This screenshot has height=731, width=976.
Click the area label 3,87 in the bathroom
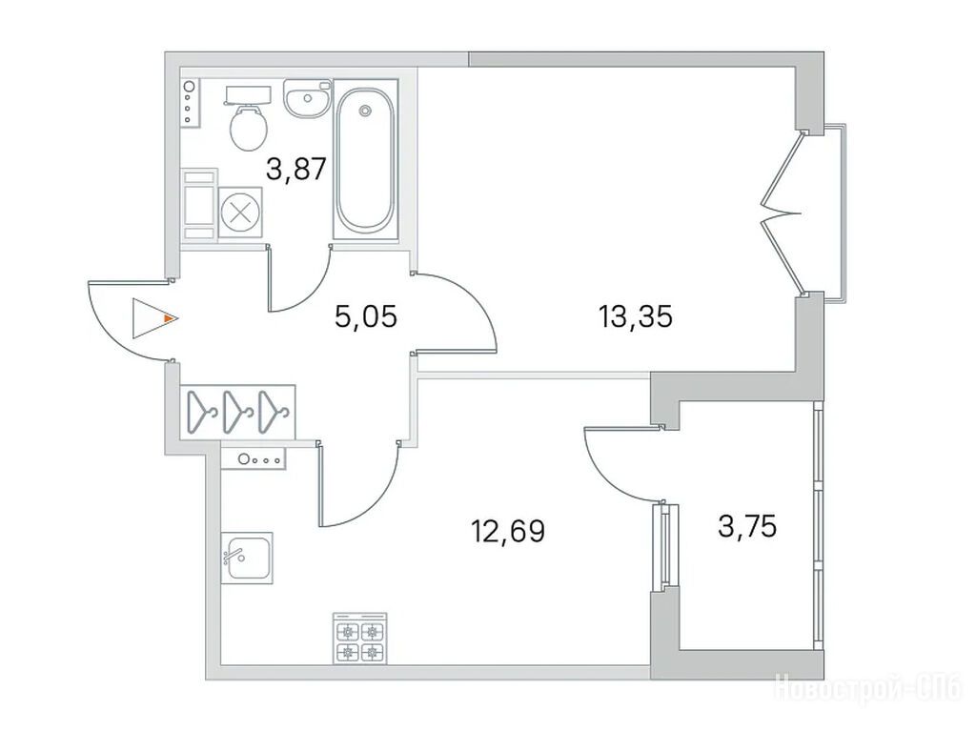[296, 169]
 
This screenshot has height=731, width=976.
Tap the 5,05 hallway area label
[365, 317]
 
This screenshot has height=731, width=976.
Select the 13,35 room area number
[636, 317]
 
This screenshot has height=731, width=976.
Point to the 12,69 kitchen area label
[508, 531]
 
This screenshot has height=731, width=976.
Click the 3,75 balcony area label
[747, 527]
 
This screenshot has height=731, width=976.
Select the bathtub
[365, 159]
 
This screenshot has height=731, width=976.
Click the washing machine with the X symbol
[240, 212]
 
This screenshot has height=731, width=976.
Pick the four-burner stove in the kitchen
[359, 638]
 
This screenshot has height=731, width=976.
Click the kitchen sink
[247, 558]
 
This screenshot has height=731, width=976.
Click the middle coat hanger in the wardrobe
[239, 411]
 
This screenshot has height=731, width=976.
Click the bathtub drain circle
[365, 111]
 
